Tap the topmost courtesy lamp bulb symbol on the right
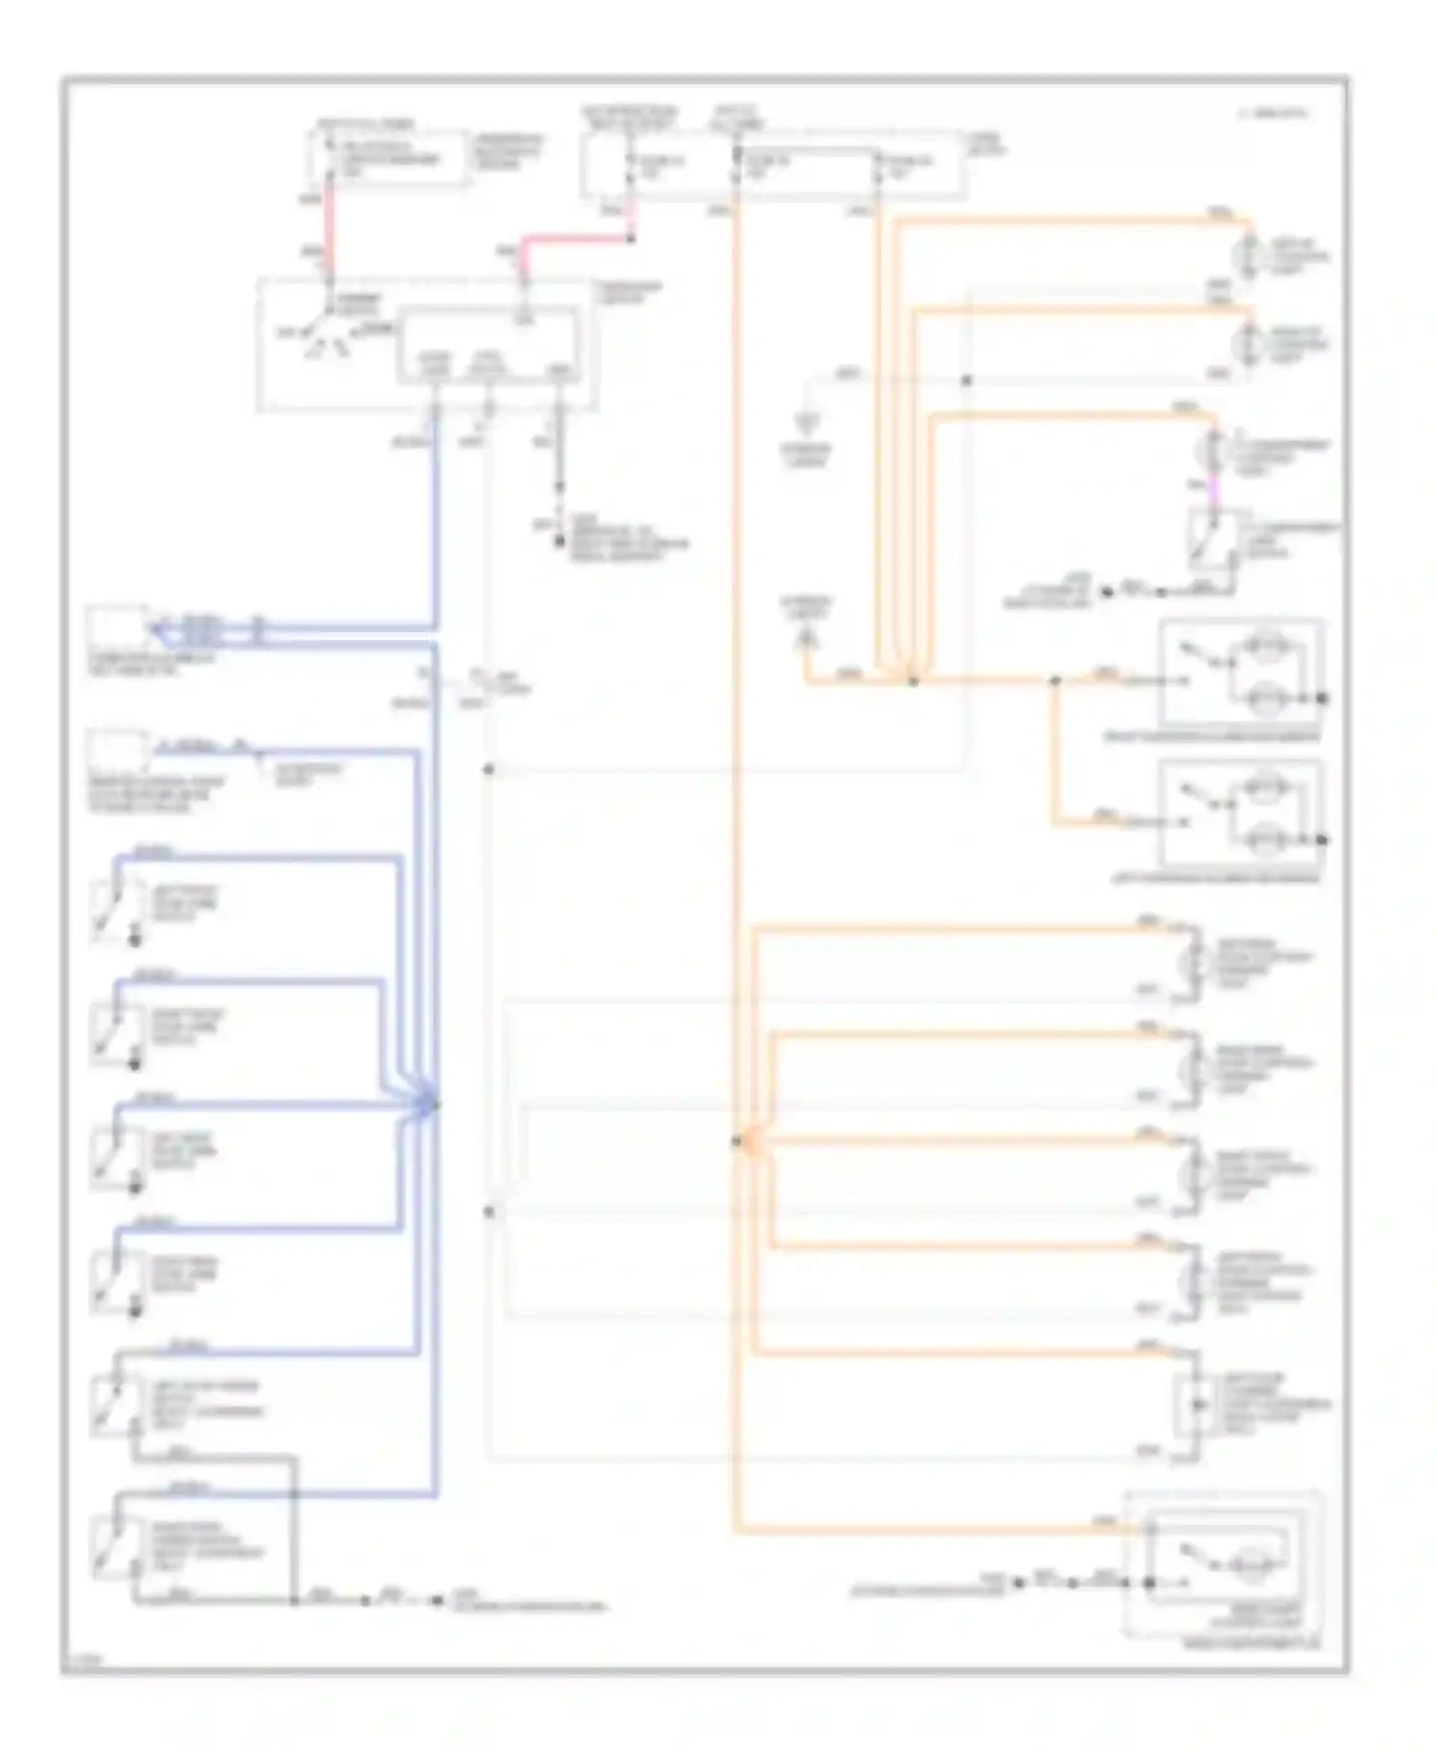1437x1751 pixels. coord(1249,255)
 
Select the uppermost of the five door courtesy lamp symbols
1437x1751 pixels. coord(1194,961)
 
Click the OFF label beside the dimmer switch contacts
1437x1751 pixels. coord(286,333)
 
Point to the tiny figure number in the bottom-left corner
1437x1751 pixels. coord(84,1659)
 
